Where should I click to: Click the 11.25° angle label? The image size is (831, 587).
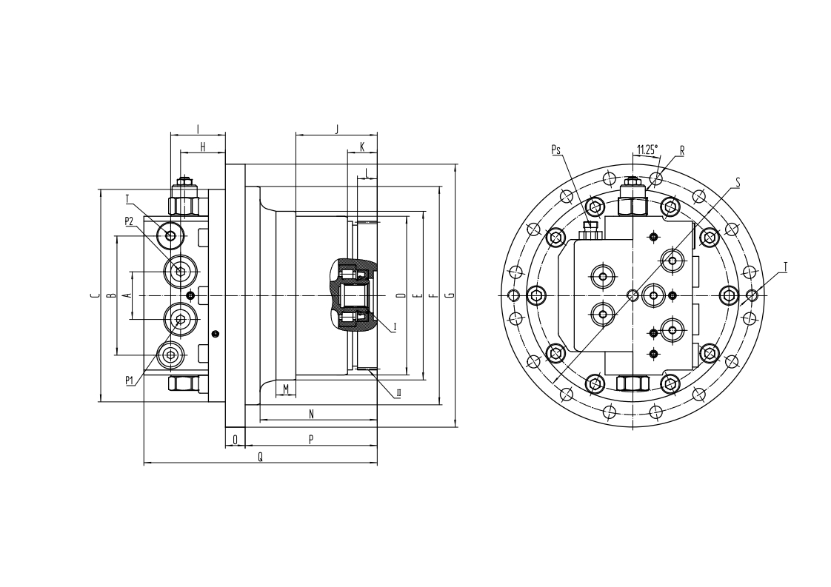[x=647, y=150]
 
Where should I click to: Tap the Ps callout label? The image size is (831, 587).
[x=556, y=150]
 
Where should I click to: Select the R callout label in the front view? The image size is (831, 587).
[x=682, y=151]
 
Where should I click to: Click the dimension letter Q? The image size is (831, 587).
[x=260, y=457]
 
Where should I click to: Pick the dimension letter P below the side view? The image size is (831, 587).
[x=311, y=439]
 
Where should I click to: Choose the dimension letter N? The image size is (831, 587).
[x=311, y=414]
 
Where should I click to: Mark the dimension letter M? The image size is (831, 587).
[x=286, y=389]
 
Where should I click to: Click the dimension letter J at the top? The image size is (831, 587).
[x=336, y=129]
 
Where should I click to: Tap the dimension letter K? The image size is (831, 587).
[x=362, y=147]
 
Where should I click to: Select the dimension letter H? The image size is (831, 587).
[x=202, y=147]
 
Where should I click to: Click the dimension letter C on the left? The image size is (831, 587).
[x=94, y=295]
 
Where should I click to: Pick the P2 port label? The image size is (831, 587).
[x=130, y=221]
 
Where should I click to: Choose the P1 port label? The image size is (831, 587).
[x=130, y=380]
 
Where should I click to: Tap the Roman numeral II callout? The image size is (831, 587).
[x=398, y=393]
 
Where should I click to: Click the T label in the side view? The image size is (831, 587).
[x=127, y=199]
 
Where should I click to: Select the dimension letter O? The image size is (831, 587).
[x=236, y=439]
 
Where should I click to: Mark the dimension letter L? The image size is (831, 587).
[x=367, y=172]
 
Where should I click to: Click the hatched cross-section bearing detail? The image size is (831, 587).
[x=352, y=295]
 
